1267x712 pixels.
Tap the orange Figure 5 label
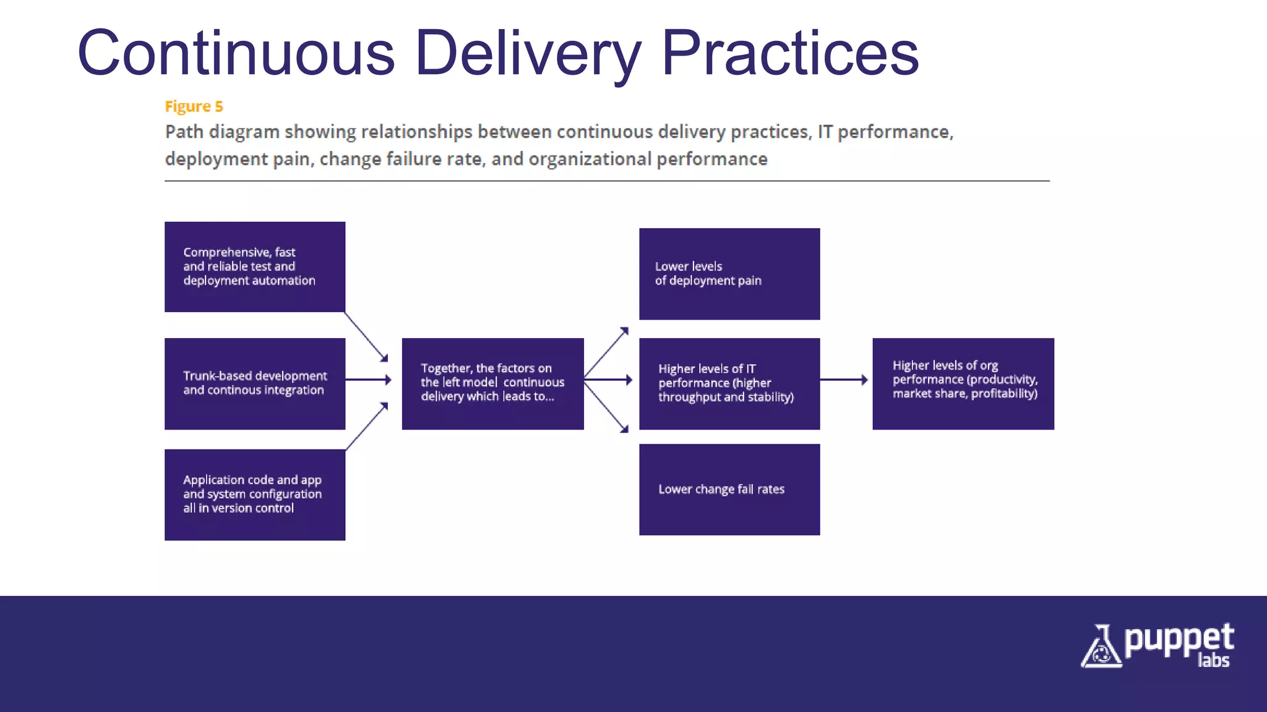(x=194, y=106)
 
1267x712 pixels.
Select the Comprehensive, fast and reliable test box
(x=255, y=266)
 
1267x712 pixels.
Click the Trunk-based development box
(x=255, y=383)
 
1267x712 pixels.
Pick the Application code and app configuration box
(x=255, y=494)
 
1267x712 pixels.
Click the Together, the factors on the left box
(x=492, y=383)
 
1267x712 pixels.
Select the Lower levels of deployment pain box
(x=729, y=274)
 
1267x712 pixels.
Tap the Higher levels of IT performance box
(x=729, y=383)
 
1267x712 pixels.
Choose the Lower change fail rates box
(x=729, y=489)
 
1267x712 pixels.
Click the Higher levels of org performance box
(x=963, y=383)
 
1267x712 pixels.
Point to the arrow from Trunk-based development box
(x=368, y=379)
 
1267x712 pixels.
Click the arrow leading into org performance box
(x=844, y=379)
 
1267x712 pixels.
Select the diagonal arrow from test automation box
(x=366, y=337)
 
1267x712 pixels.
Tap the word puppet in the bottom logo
(x=1179, y=640)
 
